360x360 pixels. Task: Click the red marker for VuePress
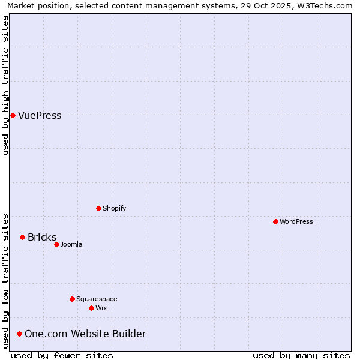[13, 115]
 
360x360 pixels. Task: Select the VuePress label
[40, 116]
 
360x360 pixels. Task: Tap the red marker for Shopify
[98, 208]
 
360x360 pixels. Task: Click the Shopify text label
[114, 209]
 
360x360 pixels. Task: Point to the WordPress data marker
[275, 221]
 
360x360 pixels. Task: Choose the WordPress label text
[296, 222]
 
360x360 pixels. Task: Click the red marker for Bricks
[22, 237]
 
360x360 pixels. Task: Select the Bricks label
[42, 238]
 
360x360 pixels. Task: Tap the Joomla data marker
[56, 244]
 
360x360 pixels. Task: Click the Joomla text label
[71, 245]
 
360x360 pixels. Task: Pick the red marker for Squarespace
[72, 299]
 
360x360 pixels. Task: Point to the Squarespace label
[97, 299]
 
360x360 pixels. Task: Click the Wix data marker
[91, 308]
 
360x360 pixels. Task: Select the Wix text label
[101, 308]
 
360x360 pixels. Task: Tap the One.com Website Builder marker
[19, 334]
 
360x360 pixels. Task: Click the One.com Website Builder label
[85, 334]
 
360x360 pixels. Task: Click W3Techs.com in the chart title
[323, 5]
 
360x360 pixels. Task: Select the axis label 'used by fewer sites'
[62, 355]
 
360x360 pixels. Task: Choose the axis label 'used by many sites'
[301, 355]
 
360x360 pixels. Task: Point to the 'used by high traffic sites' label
[5, 85]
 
